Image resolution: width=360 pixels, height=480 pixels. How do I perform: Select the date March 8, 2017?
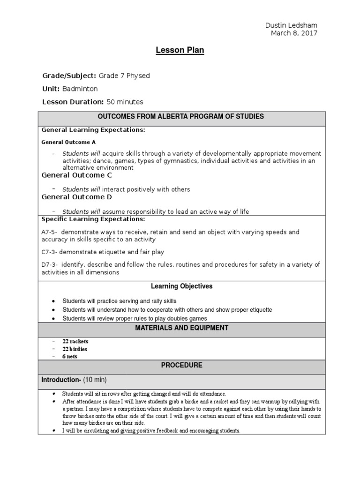pos(294,33)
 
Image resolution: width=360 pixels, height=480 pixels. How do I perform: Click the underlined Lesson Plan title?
pos(180,51)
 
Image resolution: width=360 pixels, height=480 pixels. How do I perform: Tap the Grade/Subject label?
pos(69,75)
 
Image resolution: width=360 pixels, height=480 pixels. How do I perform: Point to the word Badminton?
pos(80,89)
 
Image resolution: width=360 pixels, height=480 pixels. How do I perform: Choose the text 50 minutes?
pos(125,102)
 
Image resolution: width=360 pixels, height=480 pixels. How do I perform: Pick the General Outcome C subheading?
pos(77,175)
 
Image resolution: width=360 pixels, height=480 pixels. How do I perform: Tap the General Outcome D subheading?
pos(77,197)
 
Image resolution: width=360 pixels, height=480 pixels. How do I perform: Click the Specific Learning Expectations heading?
pos(93,219)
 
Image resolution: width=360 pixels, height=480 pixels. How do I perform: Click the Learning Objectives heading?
pos(181,286)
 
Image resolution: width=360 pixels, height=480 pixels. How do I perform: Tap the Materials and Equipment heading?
pos(181,328)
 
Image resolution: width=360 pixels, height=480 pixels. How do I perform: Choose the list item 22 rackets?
pos(75,341)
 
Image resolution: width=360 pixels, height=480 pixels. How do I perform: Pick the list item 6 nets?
pos(70,356)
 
